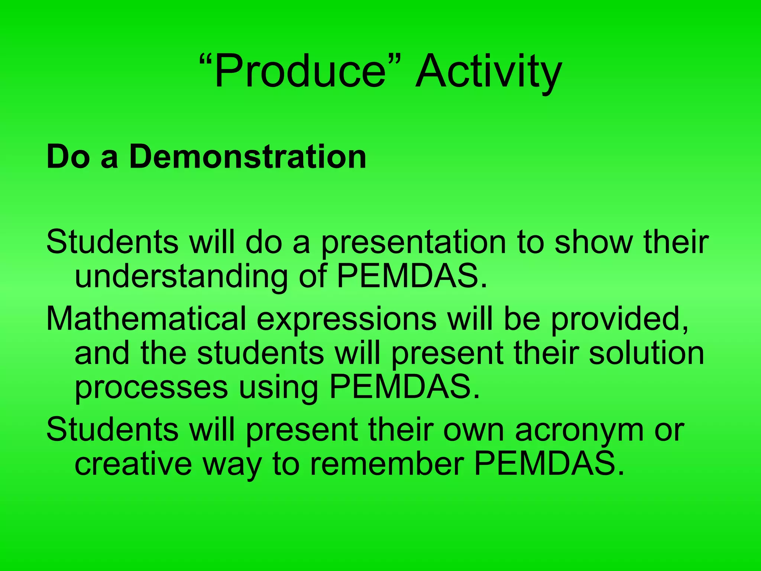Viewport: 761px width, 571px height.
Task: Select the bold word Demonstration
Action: [247, 157]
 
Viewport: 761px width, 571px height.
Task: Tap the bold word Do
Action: [68, 157]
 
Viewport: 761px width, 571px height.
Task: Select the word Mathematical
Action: [146, 319]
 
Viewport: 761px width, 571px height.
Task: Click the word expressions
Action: [346, 319]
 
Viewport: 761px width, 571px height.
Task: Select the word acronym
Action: [579, 430]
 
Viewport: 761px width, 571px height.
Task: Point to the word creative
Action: [133, 464]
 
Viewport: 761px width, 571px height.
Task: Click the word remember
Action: [387, 464]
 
